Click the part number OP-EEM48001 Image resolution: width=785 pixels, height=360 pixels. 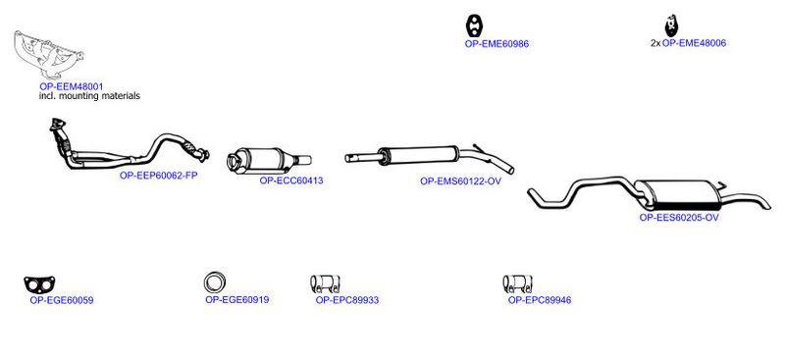click(72, 86)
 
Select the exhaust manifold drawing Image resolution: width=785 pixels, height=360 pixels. click(48, 55)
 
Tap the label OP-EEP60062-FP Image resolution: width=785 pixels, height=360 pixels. click(159, 176)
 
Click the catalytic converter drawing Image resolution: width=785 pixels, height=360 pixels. click(269, 160)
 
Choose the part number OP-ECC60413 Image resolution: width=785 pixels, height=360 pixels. click(291, 180)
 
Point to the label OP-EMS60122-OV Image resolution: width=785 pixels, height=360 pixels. click(460, 181)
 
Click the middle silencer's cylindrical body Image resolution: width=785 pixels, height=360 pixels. click(418, 155)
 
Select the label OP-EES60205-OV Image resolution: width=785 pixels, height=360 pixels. click(679, 218)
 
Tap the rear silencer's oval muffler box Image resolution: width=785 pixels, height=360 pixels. click(678, 195)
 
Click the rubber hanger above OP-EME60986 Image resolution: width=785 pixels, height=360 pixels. click(474, 26)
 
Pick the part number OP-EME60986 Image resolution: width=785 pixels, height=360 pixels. click(497, 44)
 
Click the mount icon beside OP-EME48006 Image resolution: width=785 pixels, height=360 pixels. click(671, 26)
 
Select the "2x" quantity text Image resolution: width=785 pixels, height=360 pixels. click(655, 43)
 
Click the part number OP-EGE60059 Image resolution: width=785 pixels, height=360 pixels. click(62, 301)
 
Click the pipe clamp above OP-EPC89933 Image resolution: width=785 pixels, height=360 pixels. click(326, 283)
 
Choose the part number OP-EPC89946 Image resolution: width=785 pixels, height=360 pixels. click(540, 300)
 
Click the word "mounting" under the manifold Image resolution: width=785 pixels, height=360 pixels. click(79, 96)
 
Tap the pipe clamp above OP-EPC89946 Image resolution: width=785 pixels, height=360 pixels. click(518, 283)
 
